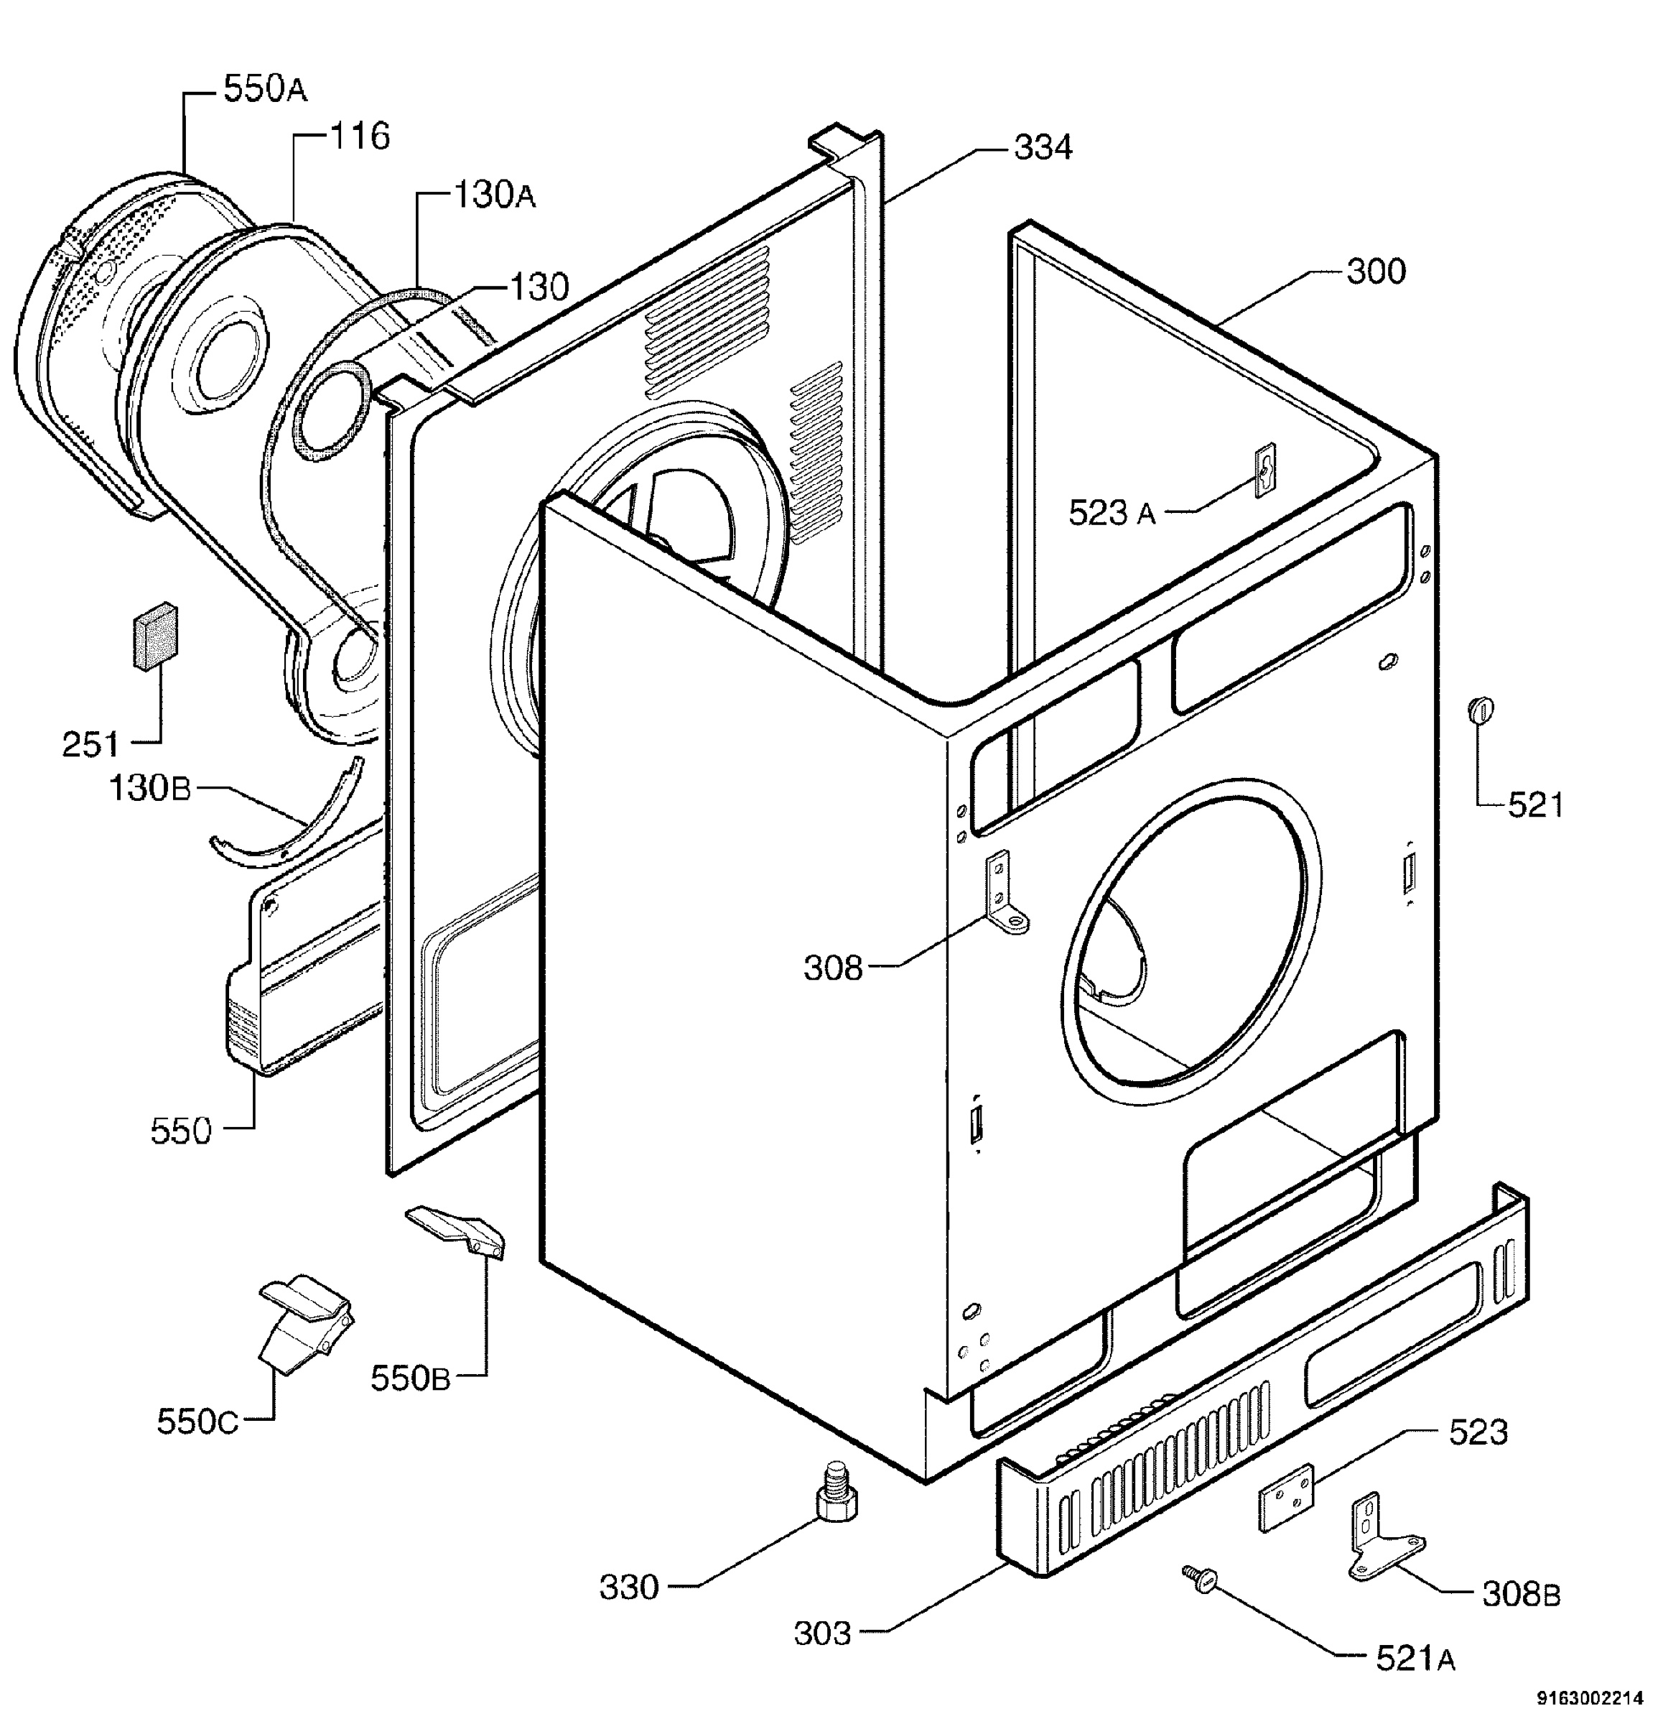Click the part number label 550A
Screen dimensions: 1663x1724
pyautogui.click(x=266, y=89)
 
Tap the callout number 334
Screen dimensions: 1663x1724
pyautogui.click(x=1043, y=148)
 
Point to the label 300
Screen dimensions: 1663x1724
pyautogui.click(x=1376, y=271)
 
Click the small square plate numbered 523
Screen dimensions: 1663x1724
pyautogui.click(x=1287, y=1497)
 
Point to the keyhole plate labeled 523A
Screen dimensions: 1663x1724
pyautogui.click(x=1264, y=471)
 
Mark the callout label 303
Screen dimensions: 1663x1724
pyautogui.click(x=822, y=1633)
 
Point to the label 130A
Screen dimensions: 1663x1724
pyautogui.click(x=494, y=195)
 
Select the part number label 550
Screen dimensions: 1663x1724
pyautogui.click(x=181, y=1131)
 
